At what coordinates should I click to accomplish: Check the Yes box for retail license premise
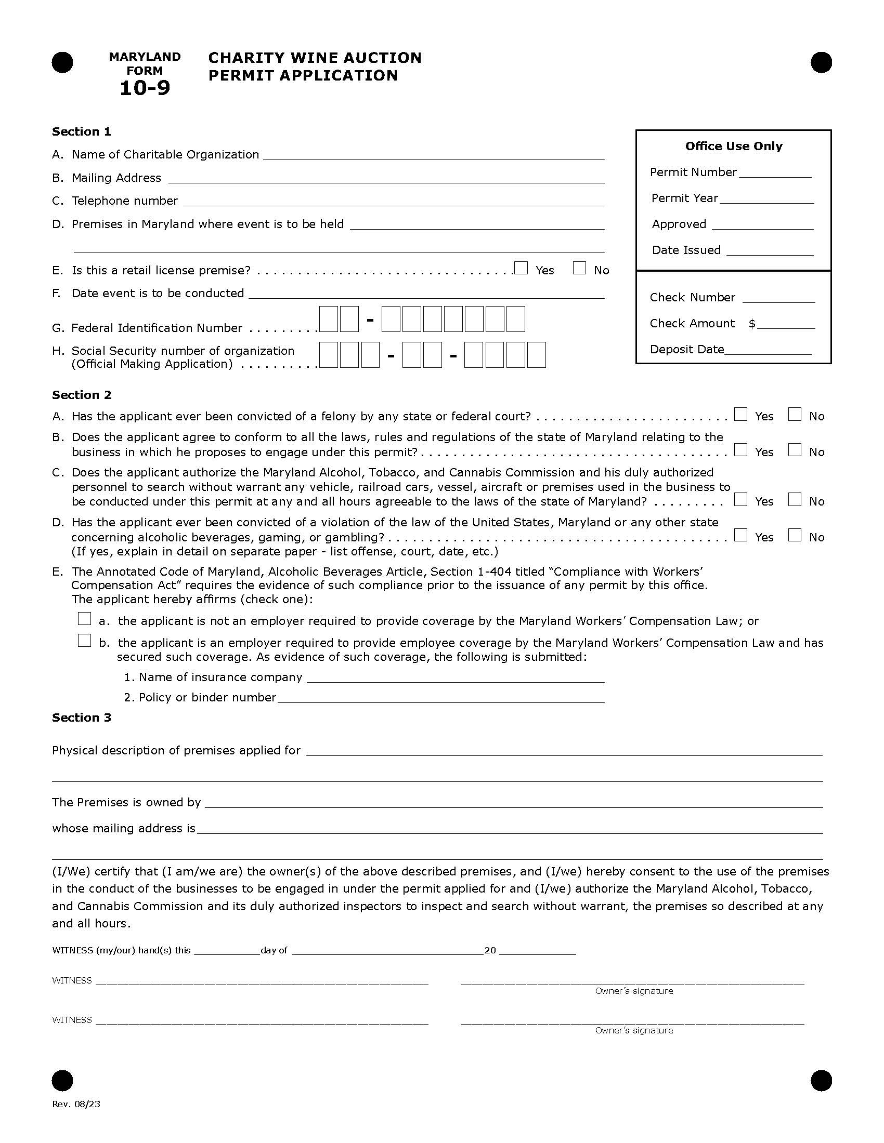pos(521,268)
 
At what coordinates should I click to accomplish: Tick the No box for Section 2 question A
pos(795,415)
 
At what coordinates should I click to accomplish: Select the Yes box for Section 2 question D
pos(740,535)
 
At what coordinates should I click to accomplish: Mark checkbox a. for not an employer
pos(84,619)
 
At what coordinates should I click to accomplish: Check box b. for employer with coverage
pos(84,640)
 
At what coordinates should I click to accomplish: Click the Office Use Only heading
pos(733,146)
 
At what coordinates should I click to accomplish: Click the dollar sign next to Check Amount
pos(751,324)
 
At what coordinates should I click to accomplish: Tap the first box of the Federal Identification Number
pos(328,319)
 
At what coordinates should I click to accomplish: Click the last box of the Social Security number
pos(536,355)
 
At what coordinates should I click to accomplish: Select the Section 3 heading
pos(81,717)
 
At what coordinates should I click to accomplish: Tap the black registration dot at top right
pos(821,63)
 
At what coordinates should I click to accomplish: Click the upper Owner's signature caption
pos(634,991)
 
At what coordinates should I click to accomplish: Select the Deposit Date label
pos(686,349)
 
